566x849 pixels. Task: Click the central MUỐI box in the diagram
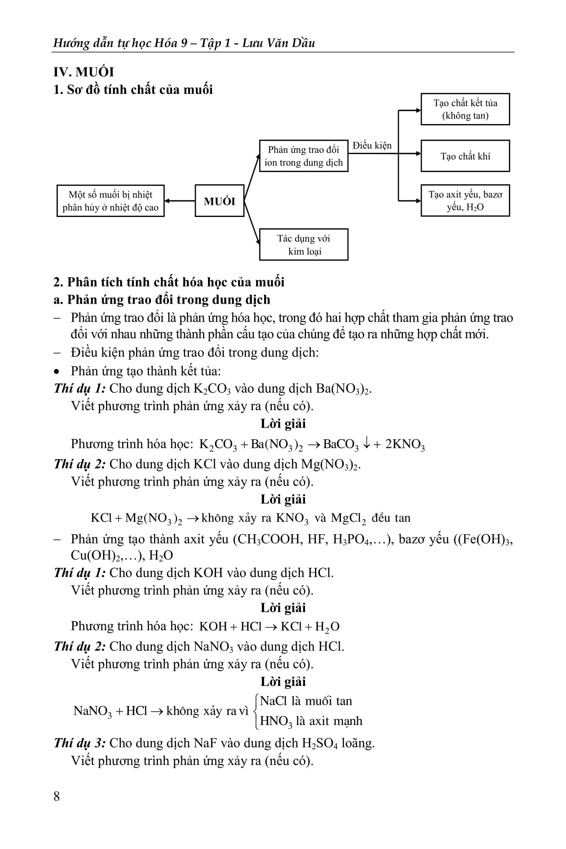(x=219, y=201)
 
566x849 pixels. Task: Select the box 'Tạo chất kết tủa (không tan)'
(x=465, y=109)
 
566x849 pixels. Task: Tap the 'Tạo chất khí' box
(x=465, y=156)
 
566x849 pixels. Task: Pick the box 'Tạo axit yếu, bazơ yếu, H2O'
(x=465, y=201)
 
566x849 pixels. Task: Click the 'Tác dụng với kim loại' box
(x=304, y=245)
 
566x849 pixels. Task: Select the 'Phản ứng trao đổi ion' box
(x=304, y=156)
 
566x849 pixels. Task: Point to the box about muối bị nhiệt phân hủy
(x=111, y=201)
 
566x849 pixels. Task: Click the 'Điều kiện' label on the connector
(x=372, y=146)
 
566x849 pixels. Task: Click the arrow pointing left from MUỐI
(x=180, y=201)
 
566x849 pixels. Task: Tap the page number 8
(x=57, y=796)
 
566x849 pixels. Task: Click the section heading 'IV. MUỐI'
(x=84, y=72)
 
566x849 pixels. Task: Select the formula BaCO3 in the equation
(x=341, y=445)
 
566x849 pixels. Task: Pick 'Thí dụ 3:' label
(x=80, y=743)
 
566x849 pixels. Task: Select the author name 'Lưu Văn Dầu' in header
(x=279, y=43)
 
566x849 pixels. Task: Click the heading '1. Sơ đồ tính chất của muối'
(x=133, y=90)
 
